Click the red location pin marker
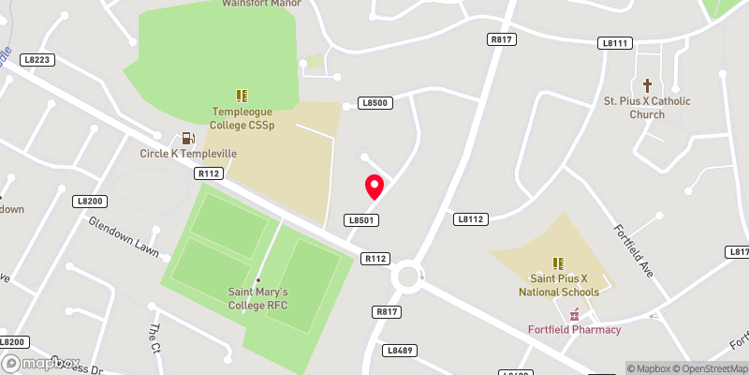pos(374,187)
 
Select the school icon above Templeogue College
pos(242,96)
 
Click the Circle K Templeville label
pos(188,153)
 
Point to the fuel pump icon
pos(189,138)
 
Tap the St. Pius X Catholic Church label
pos(647,108)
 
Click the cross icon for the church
pos(647,84)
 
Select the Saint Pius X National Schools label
pos(559,286)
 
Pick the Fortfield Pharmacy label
pos(574,329)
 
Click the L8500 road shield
pos(374,103)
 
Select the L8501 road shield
pos(360,220)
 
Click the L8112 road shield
pos(471,218)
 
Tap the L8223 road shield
pos(37,59)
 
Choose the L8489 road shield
pos(399,350)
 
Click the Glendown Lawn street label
pos(124,236)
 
